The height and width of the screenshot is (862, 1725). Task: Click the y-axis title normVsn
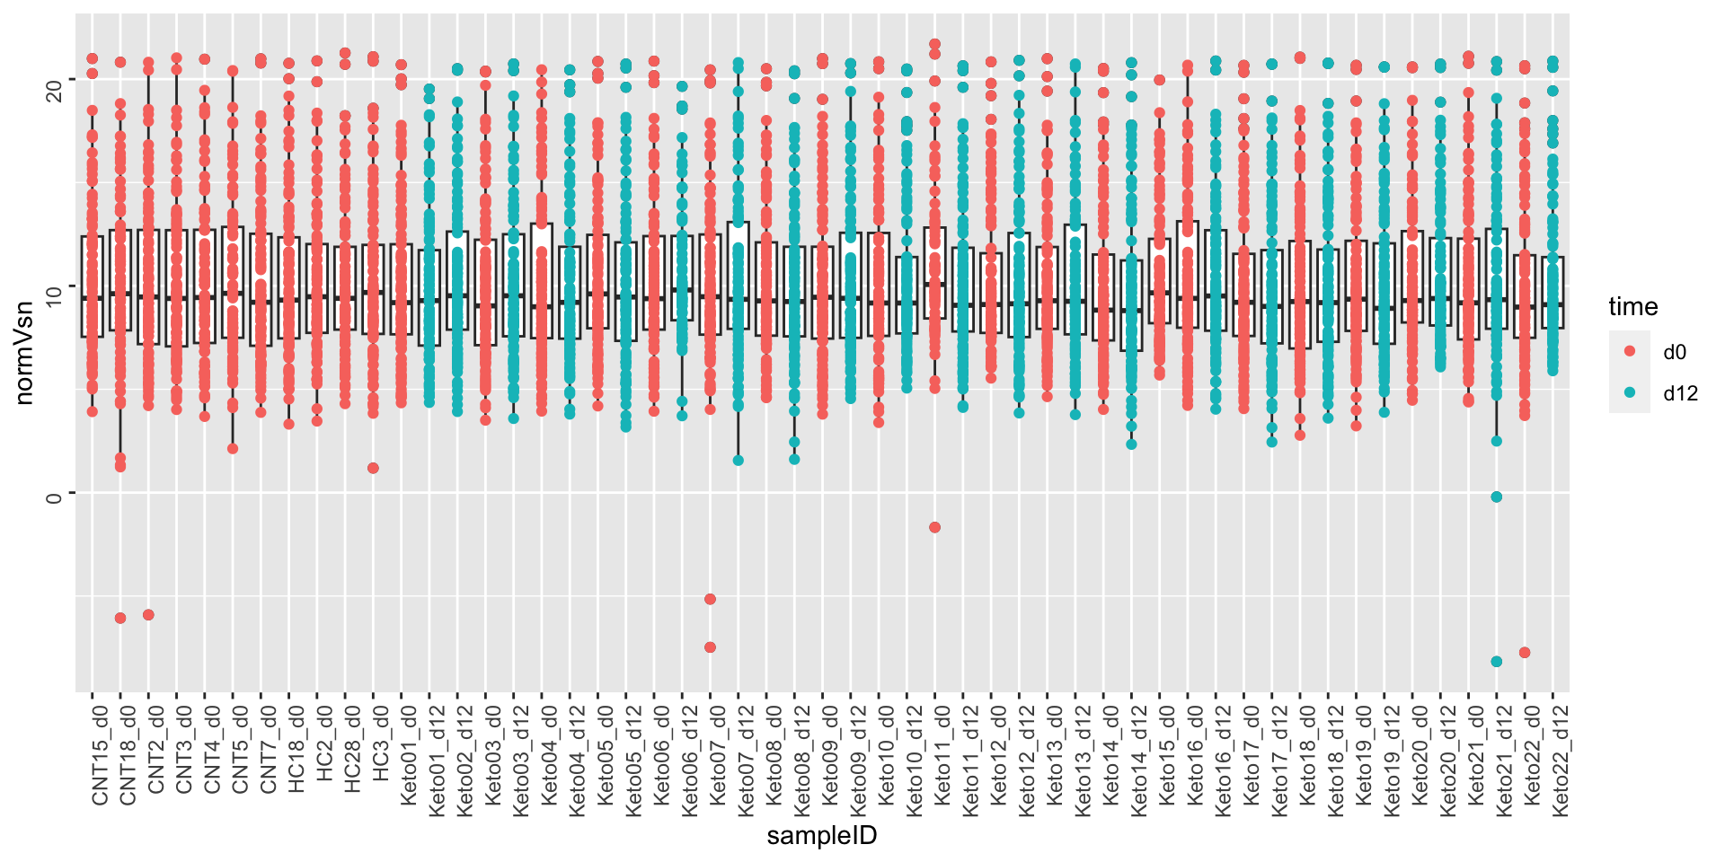tap(24, 353)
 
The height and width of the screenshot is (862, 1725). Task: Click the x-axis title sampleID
tap(821, 836)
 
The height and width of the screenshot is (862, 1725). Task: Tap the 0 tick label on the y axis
tap(54, 493)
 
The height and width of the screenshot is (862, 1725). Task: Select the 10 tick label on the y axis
tap(54, 286)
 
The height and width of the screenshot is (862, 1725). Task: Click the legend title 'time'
tap(1632, 307)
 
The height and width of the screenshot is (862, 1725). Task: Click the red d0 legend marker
tap(1630, 351)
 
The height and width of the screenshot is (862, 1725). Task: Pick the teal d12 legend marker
tap(1630, 392)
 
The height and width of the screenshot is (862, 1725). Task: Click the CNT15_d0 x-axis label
tap(99, 755)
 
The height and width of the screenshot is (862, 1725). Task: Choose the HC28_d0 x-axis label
tap(352, 750)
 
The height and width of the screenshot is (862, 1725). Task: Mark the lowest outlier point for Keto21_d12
tap(1497, 662)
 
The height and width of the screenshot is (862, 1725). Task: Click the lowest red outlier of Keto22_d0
tap(1525, 653)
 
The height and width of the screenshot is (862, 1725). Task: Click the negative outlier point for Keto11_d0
tap(934, 527)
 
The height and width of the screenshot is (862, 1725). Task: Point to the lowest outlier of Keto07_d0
tap(710, 647)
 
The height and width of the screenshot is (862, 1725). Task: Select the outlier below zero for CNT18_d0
tap(120, 618)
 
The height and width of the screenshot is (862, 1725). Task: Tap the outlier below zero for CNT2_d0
tap(148, 615)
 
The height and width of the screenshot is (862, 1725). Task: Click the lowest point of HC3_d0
tap(373, 468)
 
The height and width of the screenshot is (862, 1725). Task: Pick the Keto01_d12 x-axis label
tap(437, 760)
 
